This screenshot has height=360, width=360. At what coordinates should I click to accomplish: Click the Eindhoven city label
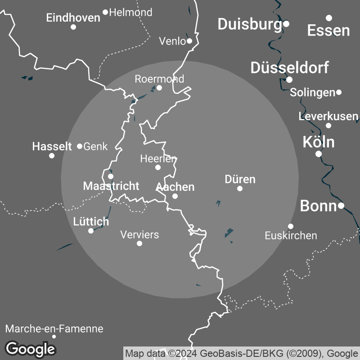pyautogui.click(x=73, y=18)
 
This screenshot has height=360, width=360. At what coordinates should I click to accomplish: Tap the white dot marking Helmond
pyautogui.click(x=105, y=12)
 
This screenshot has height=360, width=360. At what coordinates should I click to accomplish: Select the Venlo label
pyautogui.click(x=172, y=41)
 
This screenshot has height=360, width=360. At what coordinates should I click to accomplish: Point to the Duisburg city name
pyautogui.click(x=249, y=24)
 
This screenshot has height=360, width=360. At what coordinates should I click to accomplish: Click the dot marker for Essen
pyautogui.click(x=329, y=18)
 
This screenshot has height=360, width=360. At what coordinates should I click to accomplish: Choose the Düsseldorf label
pyautogui.click(x=289, y=68)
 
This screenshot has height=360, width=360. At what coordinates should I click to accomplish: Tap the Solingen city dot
pyautogui.click(x=339, y=92)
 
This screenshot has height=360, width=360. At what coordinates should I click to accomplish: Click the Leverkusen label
pyautogui.click(x=328, y=117)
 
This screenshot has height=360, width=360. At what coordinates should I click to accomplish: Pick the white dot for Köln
pyautogui.click(x=319, y=154)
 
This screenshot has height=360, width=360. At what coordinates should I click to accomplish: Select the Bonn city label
pyautogui.click(x=318, y=206)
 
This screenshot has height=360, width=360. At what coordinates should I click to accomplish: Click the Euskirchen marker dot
pyautogui.click(x=291, y=226)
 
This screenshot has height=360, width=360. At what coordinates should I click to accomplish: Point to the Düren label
pyautogui.click(x=240, y=179)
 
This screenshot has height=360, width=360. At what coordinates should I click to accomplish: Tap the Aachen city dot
pyautogui.click(x=175, y=196)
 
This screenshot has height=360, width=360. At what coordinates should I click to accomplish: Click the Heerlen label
pyautogui.click(x=158, y=158)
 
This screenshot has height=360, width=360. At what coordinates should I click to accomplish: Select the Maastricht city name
pyautogui.click(x=111, y=186)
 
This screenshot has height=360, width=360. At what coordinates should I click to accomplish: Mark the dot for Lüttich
pyautogui.click(x=91, y=231)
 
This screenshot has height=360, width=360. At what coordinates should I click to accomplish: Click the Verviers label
pyautogui.click(x=139, y=234)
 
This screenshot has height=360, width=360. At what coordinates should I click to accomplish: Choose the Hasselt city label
pyautogui.click(x=52, y=146)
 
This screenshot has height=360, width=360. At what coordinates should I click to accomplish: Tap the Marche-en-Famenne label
pyautogui.click(x=54, y=329)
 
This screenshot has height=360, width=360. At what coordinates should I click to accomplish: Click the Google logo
pyautogui.click(x=31, y=348)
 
